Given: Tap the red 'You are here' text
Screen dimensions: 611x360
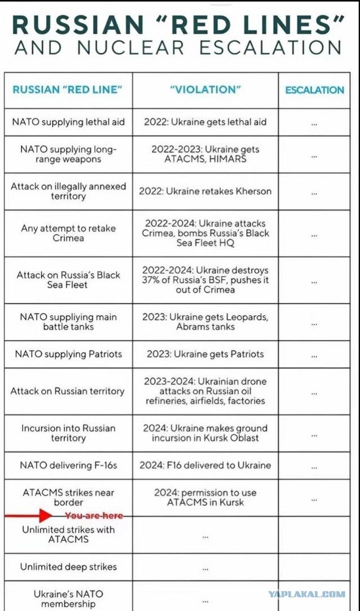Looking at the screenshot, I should pyautogui.click(x=94, y=516).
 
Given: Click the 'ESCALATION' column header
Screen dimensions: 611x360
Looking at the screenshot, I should pyautogui.click(x=314, y=90).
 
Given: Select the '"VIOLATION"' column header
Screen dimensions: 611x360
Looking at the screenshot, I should pyautogui.click(x=205, y=90).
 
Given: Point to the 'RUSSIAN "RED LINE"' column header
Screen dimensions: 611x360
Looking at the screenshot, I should pyautogui.click(x=68, y=90).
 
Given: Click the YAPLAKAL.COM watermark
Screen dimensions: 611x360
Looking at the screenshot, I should pyautogui.click(x=306, y=594).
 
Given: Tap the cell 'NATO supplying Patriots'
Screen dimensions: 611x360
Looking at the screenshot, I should pyautogui.click(x=68, y=354).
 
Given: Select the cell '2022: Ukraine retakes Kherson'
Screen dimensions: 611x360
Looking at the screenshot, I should pyautogui.click(x=205, y=191).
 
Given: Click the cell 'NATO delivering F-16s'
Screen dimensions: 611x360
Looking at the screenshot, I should pyautogui.click(x=68, y=465).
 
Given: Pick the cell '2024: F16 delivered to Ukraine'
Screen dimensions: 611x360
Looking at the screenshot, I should pyautogui.click(x=205, y=465).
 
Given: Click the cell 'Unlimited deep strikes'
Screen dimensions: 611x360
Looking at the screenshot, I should pyautogui.click(x=68, y=567).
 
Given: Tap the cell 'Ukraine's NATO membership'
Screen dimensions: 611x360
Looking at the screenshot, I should pyautogui.click(x=68, y=599).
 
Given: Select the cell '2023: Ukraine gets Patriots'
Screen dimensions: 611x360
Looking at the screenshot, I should pyautogui.click(x=205, y=354).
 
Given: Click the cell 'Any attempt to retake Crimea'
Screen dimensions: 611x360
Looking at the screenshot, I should pyautogui.click(x=68, y=233).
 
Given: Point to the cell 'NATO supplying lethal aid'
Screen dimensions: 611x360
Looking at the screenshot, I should pyautogui.click(x=68, y=121).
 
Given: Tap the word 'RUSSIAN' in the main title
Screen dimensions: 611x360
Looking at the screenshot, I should pyautogui.click(x=76, y=24).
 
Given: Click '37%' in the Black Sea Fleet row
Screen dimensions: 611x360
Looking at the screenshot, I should pyautogui.click(x=153, y=280).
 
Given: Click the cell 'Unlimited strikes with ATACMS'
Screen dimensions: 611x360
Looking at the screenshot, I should pyautogui.click(x=68, y=534).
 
